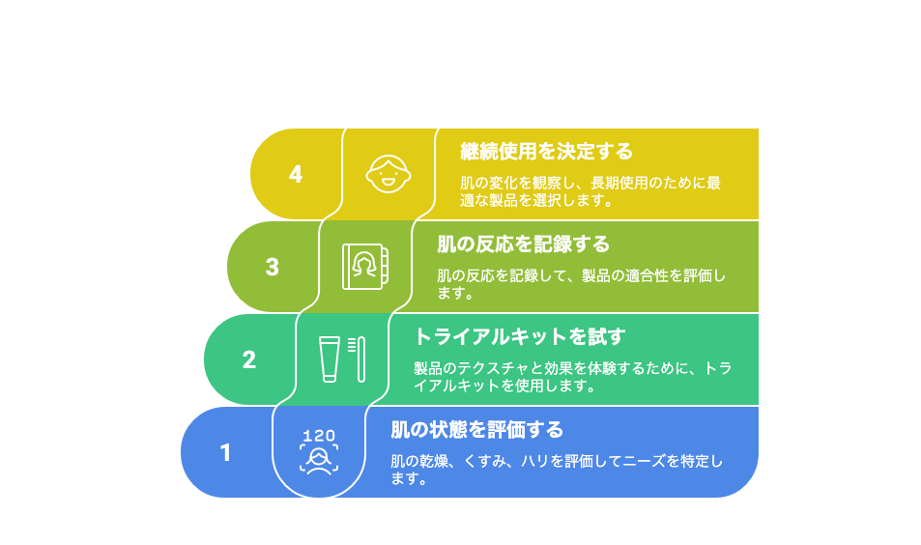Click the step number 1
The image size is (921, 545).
[x=225, y=453]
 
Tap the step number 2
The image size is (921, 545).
[x=249, y=360]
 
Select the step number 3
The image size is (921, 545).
[x=272, y=268]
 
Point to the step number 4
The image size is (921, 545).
[x=296, y=175]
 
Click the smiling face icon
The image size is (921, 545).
[x=389, y=174]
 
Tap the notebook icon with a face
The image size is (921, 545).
[x=365, y=267]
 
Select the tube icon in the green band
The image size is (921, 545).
[x=330, y=359]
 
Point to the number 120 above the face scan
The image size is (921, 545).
[x=319, y=436]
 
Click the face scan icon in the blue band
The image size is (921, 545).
[x=319, y=459]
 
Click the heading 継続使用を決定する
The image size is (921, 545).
[x=546, y=152]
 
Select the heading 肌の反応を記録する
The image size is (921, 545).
[x=524, y=244]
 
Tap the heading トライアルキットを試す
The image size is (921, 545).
[x=520, y=337]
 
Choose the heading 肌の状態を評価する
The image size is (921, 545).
[x=477, y=430]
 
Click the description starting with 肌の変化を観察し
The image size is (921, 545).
[x=590, y=191]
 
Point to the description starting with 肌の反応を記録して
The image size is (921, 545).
[x=582, y=284]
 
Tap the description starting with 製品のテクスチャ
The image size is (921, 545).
[x=573, y=377]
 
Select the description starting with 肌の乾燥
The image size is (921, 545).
[x=557, y=470]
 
